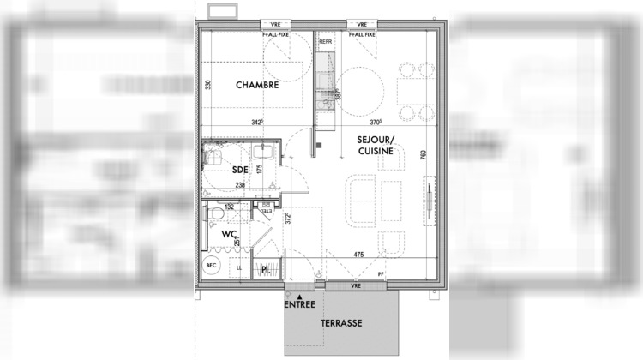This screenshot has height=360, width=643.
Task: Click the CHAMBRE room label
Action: (257, 86)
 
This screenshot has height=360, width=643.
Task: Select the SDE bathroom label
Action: (240, 169)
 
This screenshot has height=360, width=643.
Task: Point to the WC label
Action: (229, 233)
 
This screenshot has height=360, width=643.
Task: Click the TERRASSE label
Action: (341, 323)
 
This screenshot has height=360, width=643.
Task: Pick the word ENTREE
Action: (300, 304)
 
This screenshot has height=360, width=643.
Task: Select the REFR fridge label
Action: (325, 41)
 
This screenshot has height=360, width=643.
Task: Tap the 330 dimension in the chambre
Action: (207, 86)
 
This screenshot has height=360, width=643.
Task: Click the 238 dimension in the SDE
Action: (240, 185)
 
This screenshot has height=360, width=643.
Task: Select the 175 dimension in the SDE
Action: (258, 169)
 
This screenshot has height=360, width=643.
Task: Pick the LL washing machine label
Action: (239, 269)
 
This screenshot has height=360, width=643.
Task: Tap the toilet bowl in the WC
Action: (220, 212)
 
